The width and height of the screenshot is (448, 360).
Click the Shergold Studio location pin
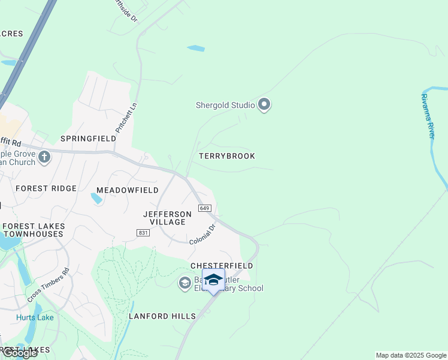pos(264,105)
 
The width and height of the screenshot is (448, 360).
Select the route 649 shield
pos(204,208)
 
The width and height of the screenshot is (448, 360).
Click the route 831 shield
pos(143,233)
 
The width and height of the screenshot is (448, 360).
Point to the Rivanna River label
pos(428,116)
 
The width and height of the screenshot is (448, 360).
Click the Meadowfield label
pos(128,190)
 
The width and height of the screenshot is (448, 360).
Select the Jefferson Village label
pos(168,218)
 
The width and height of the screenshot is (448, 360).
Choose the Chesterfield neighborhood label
pos(222,265)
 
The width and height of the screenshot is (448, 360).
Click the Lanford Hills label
pos(162,316)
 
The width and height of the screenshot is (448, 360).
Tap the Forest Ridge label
pos(46,188)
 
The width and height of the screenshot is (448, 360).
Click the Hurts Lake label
pos(35,317)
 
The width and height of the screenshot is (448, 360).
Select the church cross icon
pos(44,158)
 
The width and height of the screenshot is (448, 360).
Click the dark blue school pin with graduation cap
pos(213,280)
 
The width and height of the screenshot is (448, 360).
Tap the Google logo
pos(20,353)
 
